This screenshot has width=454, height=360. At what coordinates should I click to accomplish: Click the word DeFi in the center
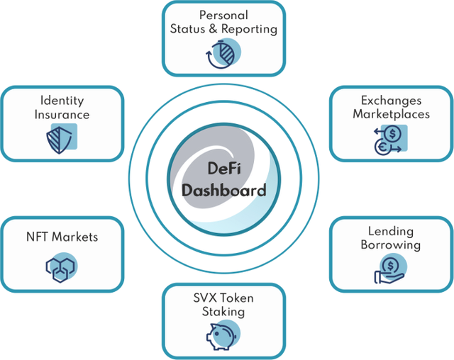(x=224, y=168)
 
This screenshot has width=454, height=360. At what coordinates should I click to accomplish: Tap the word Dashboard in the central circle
(x=224, y=190)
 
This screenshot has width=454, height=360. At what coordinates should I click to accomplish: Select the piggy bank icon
(x=221, y=337)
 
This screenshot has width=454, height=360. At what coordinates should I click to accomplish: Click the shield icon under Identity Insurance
(x=59, y=140)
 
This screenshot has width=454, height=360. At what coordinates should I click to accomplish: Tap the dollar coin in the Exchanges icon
(x=392, y=134)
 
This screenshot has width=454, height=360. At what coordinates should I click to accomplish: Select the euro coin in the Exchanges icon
(x=382, y=147)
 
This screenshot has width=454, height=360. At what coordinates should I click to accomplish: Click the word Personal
(x=223, y=16)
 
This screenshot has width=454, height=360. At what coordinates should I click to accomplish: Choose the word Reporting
(x=249, y=30)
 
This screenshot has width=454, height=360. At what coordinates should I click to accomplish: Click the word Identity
(x=62, y=101)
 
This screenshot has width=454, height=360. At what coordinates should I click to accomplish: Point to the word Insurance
(x=62, y=115)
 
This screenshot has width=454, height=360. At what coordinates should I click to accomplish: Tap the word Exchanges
(x=391, y=101)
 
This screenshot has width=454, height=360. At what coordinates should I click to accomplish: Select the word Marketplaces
(x=391, y=114)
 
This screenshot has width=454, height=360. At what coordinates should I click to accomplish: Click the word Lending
(x=391, y=232)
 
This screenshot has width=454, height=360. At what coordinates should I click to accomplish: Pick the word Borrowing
(x=391, y=245)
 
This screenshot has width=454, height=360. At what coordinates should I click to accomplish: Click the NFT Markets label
(x=62, y=237)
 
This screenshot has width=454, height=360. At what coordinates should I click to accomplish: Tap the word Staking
(x=223, y=312)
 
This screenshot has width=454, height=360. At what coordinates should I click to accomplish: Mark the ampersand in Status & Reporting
(x=213, y=28)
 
